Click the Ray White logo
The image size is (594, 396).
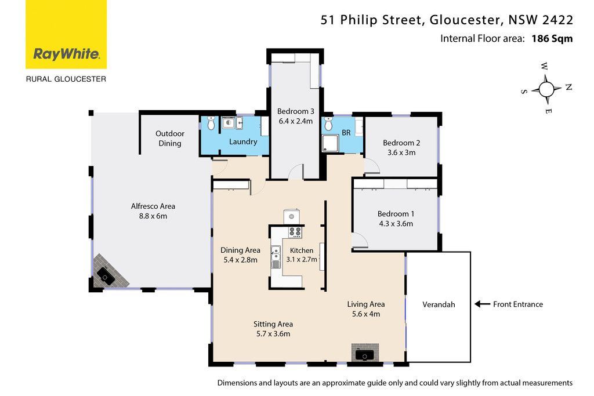pos(66,34)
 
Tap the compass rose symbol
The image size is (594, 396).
pos(546,89)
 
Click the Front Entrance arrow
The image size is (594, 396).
pos(482,304)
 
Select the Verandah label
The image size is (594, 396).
pos(439,304)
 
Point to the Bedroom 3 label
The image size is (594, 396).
pos(295,111)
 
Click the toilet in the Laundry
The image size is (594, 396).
pos(211,123)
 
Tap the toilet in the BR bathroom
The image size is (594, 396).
pos(328,123)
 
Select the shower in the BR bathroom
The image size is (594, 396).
pos(330,144)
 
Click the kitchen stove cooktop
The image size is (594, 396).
pos(295,232)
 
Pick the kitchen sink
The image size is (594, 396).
pos(276,257)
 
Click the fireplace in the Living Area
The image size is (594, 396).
pos(365,354)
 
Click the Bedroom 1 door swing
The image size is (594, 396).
pos(360,241)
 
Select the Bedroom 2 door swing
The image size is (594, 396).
pos(372,166)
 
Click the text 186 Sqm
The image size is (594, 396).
pos(552,39)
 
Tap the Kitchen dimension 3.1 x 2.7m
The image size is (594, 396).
pos(302,259)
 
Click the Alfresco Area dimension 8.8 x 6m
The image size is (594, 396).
pos(153,216)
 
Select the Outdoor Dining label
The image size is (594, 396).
pos(170,138)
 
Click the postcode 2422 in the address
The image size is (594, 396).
pos(557,20)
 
